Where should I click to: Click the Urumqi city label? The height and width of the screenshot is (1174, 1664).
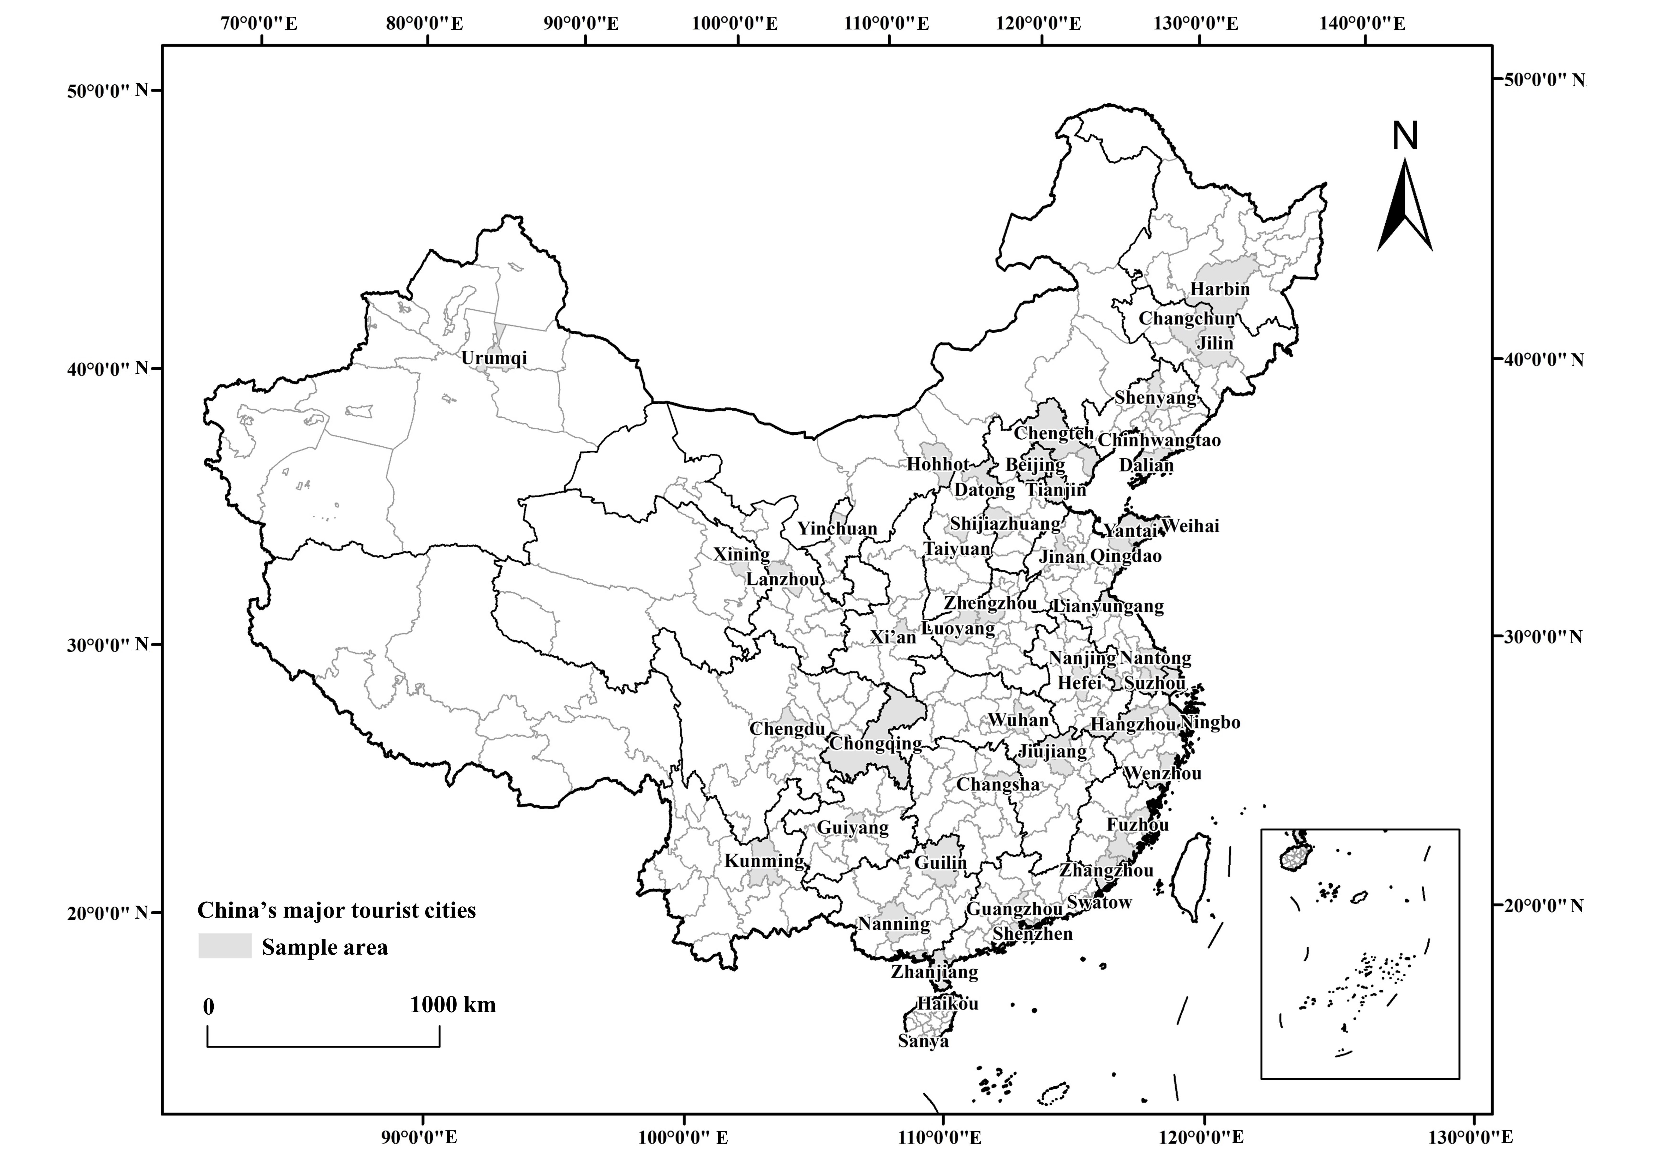(x=494, y=358)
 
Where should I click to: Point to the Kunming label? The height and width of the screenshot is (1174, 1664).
(x=765, y=861)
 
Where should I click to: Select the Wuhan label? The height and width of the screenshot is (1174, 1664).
(x=1018, y=720)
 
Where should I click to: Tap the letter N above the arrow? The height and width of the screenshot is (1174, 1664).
(x=1405, y=135)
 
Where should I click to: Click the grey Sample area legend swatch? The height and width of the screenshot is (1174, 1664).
(x=225, y=946)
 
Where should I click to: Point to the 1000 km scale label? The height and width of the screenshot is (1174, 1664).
(x=453, y=1004)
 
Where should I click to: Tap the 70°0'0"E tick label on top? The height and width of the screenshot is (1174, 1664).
(x=259, y=23)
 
